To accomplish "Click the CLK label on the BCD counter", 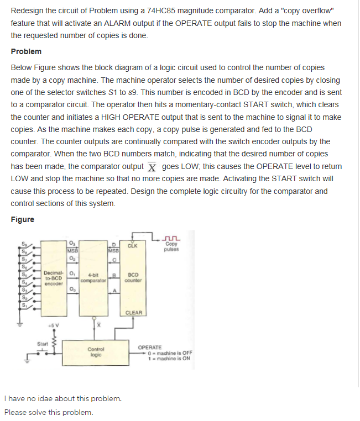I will pos(132,246).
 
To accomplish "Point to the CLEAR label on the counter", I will pos(134,313).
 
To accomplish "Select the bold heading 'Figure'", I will pos(22,219).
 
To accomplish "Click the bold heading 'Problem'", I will pos(26,51).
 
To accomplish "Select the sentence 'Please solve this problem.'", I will pos(48,412).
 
